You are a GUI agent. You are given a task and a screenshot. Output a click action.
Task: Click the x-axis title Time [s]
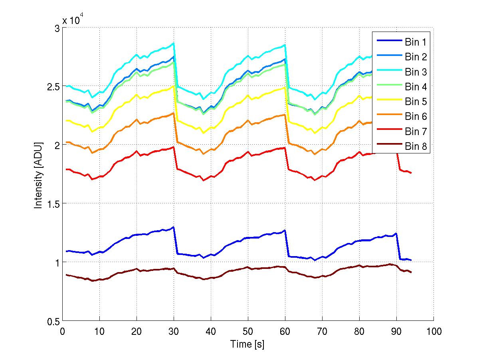coord(247,344)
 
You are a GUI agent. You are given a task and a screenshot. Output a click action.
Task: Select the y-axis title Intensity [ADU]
coord(38,175)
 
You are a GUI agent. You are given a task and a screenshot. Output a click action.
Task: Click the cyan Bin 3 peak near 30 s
coord(174,43)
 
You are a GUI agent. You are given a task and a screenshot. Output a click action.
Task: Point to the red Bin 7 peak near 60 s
coord(285,148)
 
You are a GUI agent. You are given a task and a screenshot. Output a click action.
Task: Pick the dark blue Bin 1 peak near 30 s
coord(173,227)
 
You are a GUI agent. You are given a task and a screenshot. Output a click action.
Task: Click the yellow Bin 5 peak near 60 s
coord(285,88)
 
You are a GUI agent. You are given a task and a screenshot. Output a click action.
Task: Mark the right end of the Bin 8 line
coord(411,272)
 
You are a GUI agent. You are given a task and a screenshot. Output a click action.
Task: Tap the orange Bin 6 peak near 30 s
coord(174,113)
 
